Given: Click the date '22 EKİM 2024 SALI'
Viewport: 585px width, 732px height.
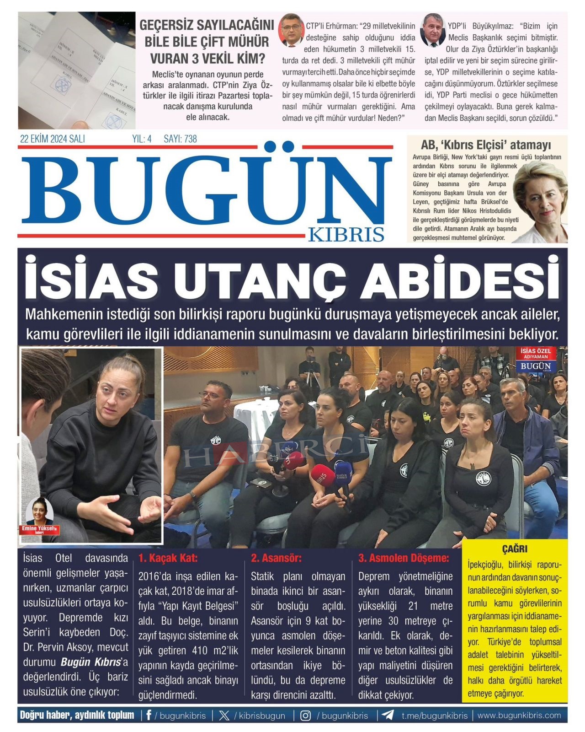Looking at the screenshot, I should [x=52, y=139].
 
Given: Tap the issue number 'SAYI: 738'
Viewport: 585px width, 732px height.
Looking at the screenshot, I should [x=180, y=139].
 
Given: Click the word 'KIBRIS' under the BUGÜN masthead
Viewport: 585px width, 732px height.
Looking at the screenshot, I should [x=346, y=234].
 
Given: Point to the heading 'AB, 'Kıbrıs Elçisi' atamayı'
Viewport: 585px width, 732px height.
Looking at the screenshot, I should [x=486, y=145].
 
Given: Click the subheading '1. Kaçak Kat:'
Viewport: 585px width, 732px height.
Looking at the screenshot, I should [x=168, y=558].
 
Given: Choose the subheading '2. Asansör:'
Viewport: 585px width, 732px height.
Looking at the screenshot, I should [x=276, y=558].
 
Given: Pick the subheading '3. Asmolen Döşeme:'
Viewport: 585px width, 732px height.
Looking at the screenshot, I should [x=404, y=558].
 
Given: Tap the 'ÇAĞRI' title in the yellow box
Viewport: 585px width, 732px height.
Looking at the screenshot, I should [x=515, y=549].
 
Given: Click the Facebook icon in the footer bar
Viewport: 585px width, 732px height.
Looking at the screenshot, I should [x=149, y=715].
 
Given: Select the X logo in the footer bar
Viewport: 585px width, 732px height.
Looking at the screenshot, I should [x=224, y=716].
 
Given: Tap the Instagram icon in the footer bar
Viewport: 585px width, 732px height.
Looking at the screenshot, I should [x=305, y=716].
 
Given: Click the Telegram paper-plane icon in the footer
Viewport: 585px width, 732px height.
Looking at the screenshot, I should [x=388, y=715].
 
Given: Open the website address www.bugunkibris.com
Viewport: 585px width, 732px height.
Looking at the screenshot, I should [x=519, y=715].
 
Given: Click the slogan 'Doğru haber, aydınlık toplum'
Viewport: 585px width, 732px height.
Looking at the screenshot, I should [x=77, y=715].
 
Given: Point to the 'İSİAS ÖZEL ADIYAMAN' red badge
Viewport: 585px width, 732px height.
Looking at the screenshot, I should [x=536, y=353].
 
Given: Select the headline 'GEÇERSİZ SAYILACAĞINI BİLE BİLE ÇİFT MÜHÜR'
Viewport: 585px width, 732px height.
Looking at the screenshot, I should [x=207, y=33].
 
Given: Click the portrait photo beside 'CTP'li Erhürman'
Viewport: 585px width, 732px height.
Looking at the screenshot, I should [x=291, y=30].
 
